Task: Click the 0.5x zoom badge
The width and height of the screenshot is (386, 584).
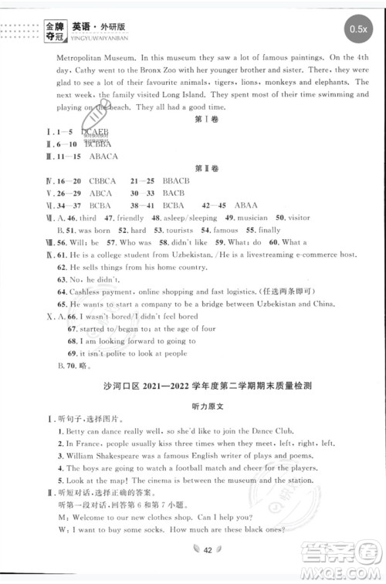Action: pos(357,29)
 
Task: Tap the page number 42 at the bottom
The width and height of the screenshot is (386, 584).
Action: pos(193,569)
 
